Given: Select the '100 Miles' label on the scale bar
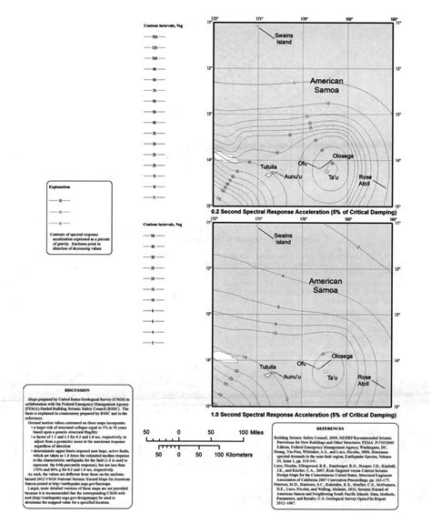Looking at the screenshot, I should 250,429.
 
